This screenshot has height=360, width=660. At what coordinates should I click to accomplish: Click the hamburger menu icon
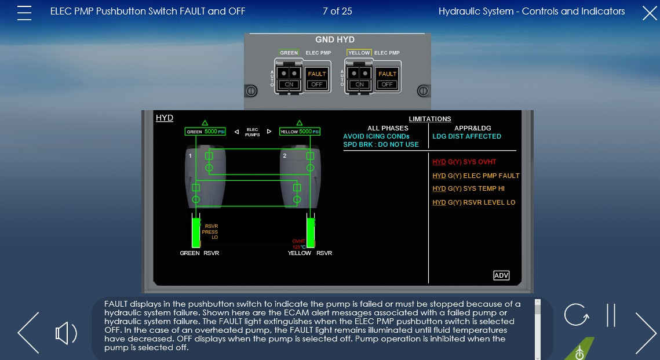point(24,13)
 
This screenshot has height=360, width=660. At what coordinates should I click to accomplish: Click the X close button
point(650,13)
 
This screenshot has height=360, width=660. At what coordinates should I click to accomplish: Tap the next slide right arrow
point(646,333)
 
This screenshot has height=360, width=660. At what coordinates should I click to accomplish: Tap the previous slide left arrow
point(28,333)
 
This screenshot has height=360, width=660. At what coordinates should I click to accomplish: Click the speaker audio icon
point(66,333)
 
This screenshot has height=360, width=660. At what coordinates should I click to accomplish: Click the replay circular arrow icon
point(576,315)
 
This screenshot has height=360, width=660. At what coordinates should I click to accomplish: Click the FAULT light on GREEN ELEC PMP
point(317,74)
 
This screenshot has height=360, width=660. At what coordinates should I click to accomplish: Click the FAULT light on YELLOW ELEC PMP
point(387,74)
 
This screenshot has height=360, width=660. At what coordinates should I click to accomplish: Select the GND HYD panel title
point(334,40)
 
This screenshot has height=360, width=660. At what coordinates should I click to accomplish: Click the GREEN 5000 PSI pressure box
point(205,132)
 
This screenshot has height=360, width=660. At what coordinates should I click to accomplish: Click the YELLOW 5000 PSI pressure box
point(300,132)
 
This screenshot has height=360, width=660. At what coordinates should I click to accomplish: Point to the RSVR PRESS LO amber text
point(210,232)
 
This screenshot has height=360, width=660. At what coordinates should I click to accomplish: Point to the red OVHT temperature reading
point(299,244)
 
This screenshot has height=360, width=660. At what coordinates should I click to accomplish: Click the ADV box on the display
point(501,275)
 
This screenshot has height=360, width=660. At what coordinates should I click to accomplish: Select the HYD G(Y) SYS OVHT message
point(464,162)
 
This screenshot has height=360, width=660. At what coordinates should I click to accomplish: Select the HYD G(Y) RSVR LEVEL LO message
point(473,202)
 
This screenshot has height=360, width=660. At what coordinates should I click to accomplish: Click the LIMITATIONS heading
point(430,119)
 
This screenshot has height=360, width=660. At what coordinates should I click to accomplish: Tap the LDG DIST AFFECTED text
point(466,136)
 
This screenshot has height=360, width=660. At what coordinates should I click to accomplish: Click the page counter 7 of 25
point(337,11)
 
